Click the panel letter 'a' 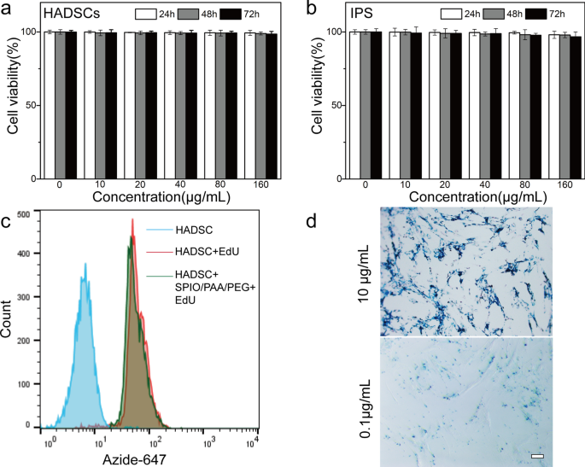pos(8,10)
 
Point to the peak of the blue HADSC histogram pos(85,265)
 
